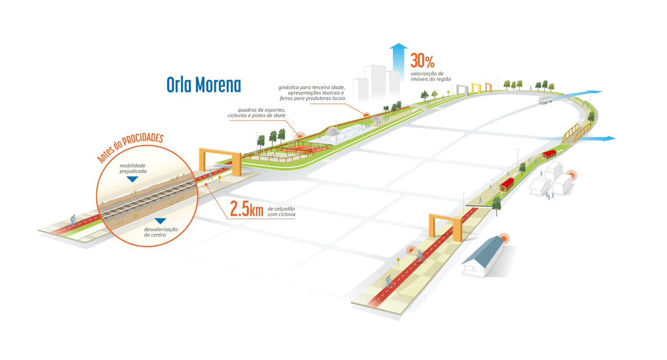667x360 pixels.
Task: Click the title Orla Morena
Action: tap(203, 84)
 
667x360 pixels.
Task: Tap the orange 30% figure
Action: tap(423, 61)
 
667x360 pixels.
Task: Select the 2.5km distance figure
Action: tap(246, 209)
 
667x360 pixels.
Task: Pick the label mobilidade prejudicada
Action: tap(133, 168)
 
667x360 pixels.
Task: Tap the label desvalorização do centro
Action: tap(161, 232)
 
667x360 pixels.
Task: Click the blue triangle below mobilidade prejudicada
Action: tap(133, 180)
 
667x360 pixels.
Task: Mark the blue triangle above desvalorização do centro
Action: tap(160, 220)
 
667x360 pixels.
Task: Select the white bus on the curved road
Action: tap(545, 100)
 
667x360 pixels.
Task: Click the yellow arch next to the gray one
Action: tap(476, 88)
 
